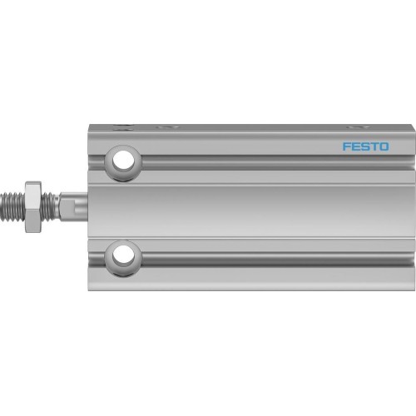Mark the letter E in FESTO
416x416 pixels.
tap(355, 147)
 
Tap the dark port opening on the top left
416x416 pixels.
tap(125, 128)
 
